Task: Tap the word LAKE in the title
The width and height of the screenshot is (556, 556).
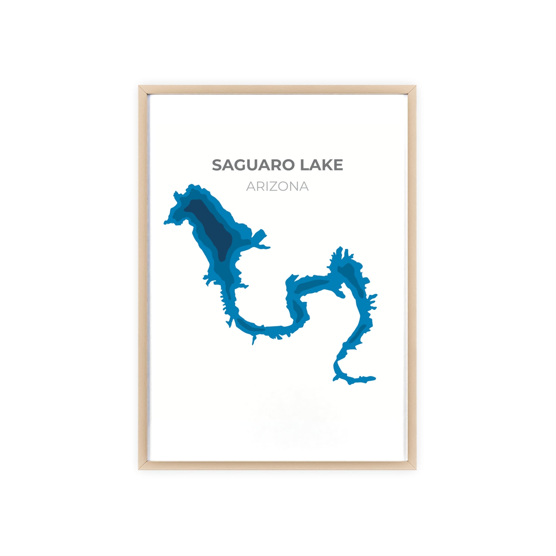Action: click(321, 165)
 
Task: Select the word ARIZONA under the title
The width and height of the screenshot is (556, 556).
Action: click(277, 187)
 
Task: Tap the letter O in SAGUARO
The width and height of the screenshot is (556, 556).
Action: click(288, 165)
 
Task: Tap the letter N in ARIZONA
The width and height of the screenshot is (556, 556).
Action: click(293, 187)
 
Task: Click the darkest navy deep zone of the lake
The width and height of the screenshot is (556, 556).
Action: click(213, 227)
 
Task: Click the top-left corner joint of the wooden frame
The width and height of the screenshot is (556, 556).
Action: click(143, 90)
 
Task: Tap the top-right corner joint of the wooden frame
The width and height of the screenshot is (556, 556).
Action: click(412, 90)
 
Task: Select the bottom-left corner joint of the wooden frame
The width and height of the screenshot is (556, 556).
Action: click(143, 465)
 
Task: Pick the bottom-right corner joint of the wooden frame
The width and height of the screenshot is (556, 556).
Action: click(412, 465)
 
